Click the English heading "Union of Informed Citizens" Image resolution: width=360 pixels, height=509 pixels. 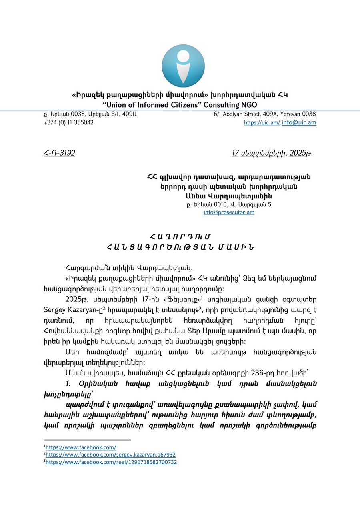pos(180,105)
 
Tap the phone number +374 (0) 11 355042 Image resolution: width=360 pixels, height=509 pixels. pos(68,122)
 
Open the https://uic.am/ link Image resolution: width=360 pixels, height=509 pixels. pos(262,123)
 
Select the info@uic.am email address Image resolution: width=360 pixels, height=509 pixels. pos(299,123)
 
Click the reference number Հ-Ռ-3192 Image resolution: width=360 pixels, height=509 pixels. pos(59,153)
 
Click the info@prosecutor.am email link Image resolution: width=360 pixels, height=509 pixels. pos(229,212)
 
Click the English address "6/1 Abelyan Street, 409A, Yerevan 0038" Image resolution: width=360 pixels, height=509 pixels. pos(265,114)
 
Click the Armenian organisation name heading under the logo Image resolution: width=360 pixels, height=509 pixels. pos(180,95)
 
